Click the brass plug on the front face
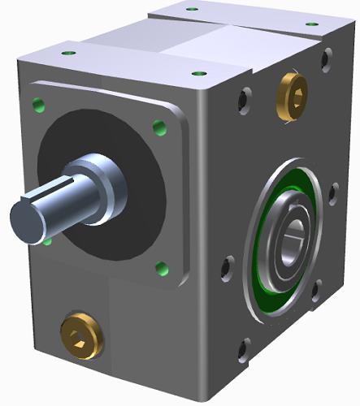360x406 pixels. tap(82, 334)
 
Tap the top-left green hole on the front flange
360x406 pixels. tap(37, 103)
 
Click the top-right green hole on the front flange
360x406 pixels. tap(159, 127)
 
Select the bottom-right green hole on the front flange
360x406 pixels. tap(162, 268)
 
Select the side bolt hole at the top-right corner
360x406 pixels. tap(327, 58)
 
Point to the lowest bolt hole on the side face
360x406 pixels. tap(243, 351)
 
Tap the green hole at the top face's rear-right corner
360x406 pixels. tap(312, 24)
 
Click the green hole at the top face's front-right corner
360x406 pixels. tap(195, 73)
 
